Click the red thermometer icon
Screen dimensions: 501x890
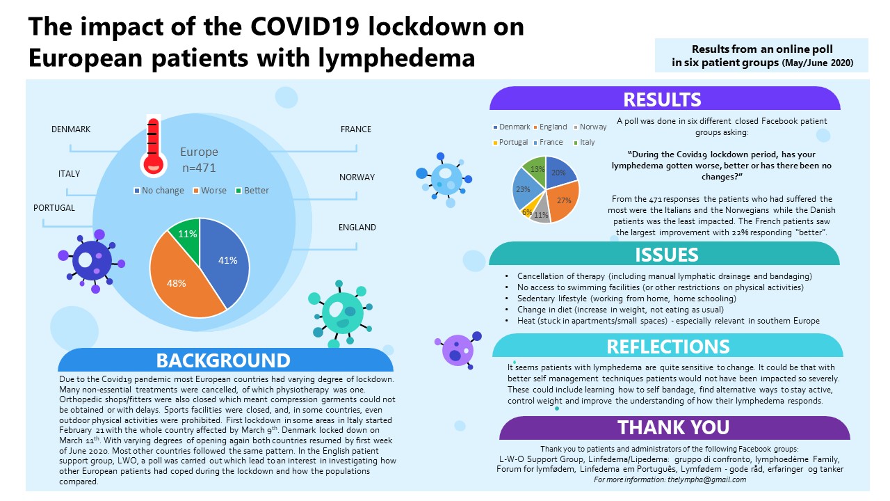pos(152,148)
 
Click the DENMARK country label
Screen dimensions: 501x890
pos(71,129)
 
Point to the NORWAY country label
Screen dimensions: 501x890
pos(357,177)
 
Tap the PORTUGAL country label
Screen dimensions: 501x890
pos(54,208)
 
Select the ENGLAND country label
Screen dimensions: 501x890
pos(357,228)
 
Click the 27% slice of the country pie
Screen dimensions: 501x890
pos(564,200)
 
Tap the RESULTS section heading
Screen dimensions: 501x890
pos(662,100)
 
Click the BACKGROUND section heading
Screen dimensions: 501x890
pos(223,360)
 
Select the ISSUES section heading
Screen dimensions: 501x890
pos(667,254)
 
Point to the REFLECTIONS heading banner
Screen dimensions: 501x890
pos(668,347)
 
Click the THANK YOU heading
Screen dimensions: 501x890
pos(673,427)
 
